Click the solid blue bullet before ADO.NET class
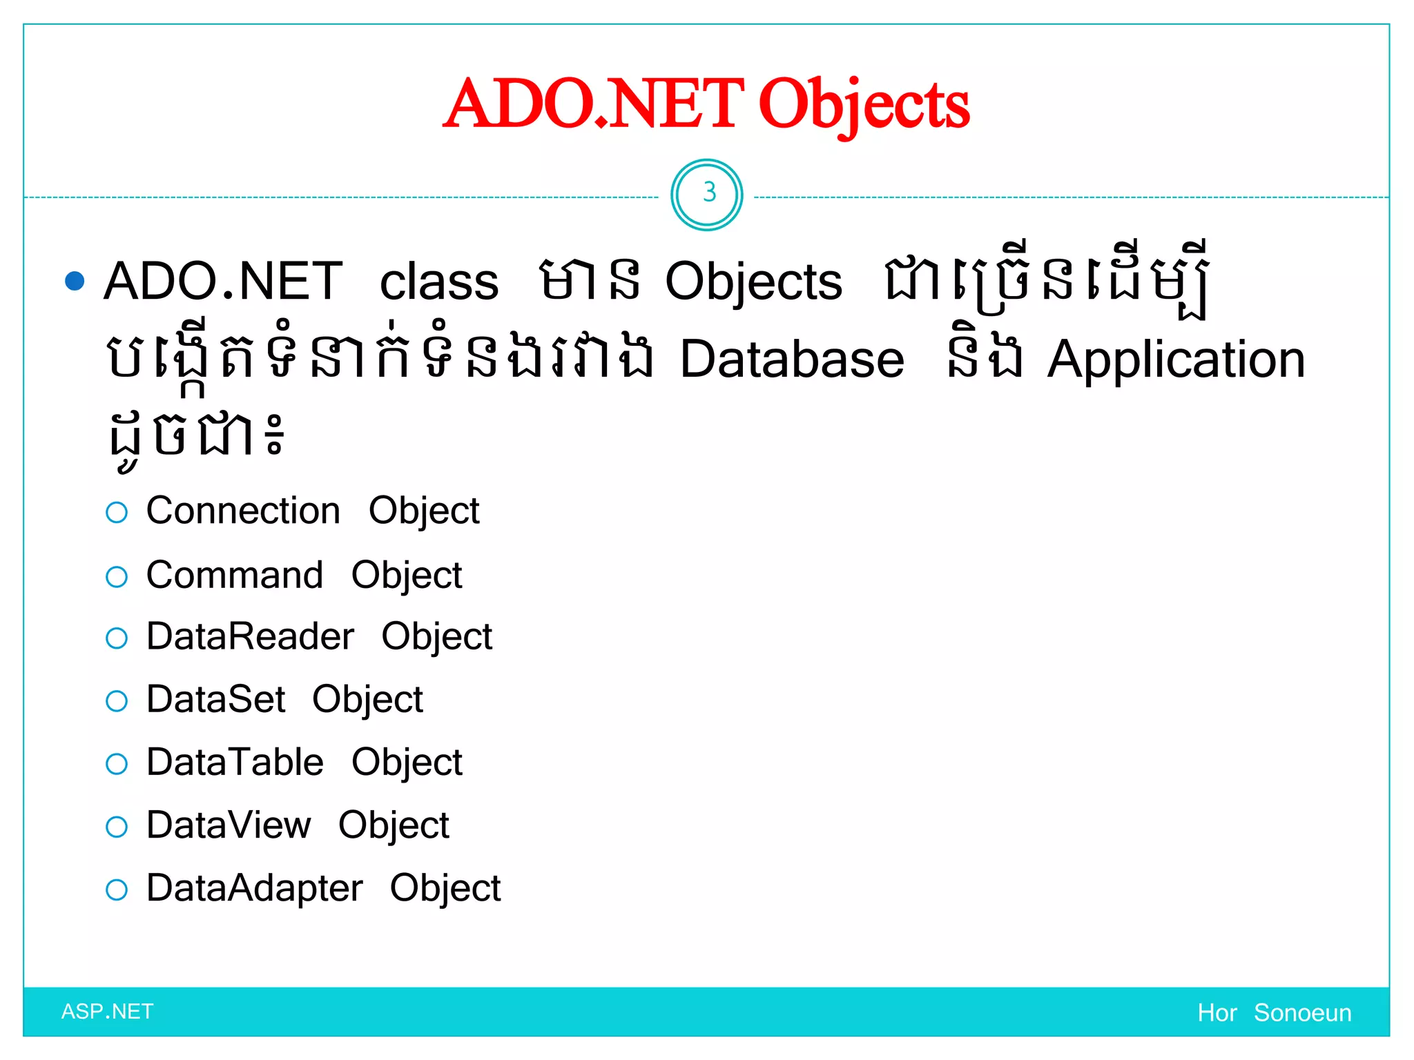pyautogui.click(x=75, y=281)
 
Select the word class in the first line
pyautogui.click(x=439, y=282)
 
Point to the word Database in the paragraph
pyautogui.click(x=792, y=360)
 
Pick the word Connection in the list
pyautogui.click(x=243, y=511)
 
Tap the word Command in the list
pyautogui.click(x=235, y=575)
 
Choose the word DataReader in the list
pyautogui.click(x=251, y=636)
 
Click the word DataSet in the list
pyautogui.click(x=216, y=700)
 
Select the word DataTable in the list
pyautogui.click(x=235, y=763)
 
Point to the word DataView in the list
pyautogui.click(x=229, y=825)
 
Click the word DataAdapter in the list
pyautogui.click(x=254, y=888)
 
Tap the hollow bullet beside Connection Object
pyautogui.click(x=117, y=513)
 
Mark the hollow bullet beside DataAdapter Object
pyautogui.click(x=117, y=890)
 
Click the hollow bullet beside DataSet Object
pyautogui.click(x=117, y=702)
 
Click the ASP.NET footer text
pyautogui.click(x=108, y=1012)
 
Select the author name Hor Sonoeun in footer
pyautogui.click(x=1275, y=1013)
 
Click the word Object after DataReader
pyautogui.click(x=437, y=637)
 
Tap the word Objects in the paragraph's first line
pyautogui.click(x=753, y=283)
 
